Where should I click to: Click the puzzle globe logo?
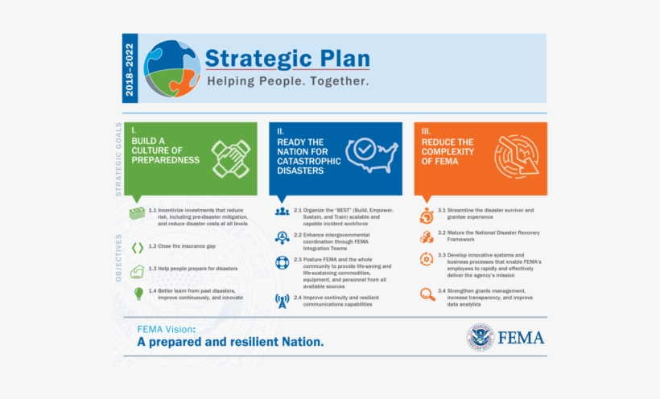click(172, 68)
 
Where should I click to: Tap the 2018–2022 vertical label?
click(130, 68)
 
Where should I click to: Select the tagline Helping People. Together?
click(287, 82)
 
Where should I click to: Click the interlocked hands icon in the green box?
click(230, 158)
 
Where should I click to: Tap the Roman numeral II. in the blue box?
click(280, 130)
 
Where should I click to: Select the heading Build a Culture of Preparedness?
click(166, 150)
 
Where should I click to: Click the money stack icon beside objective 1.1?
click(138, 213)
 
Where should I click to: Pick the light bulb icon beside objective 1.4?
click(138, 294)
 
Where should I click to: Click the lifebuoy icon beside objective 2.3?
click(282, 263)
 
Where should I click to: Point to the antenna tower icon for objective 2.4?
click(282, 301)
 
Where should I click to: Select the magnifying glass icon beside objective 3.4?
click(427, 294)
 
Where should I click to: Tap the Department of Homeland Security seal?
click(481, 338)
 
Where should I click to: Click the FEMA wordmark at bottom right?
click(521, 338)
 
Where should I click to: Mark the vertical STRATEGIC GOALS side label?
click(118, 159)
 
